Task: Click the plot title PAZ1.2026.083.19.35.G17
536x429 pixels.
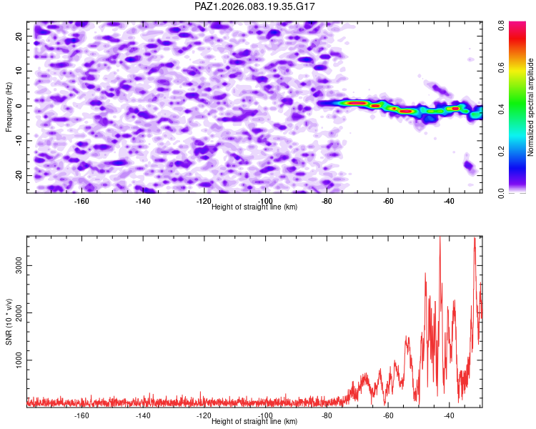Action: click(x=255, y=6)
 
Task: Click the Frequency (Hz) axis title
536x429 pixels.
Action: click(x=9, y=107)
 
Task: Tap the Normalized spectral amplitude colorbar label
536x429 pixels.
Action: click(x=531, y=107)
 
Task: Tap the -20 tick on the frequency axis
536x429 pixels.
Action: click(x=19, y=175)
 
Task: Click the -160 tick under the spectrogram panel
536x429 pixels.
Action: click(x=81, y=201)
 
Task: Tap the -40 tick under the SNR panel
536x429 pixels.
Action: click(x=450, y=415)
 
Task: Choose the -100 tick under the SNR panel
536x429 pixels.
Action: click(x=266, y=415)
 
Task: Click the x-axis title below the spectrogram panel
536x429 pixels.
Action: click(x=254, y=207)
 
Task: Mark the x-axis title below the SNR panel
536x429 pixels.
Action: click(x=254, y=422)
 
